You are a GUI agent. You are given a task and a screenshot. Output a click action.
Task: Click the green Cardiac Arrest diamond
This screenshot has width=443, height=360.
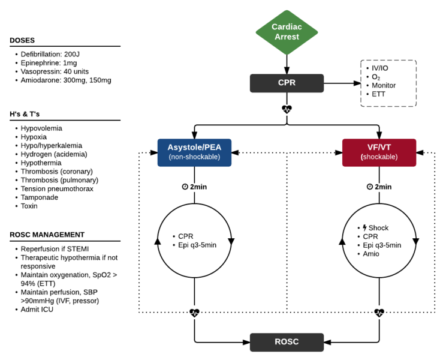(x=286, y=31)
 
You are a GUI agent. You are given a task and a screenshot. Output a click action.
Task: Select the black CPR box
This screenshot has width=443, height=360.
(x=286, y=83)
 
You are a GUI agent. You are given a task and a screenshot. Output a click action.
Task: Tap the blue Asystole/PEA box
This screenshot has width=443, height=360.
(x=194, y=152)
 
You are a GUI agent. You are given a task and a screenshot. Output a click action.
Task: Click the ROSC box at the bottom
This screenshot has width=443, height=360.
(x=286, y=342)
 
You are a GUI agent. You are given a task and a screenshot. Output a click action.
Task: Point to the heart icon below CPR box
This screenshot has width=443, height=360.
(x=287, y=109)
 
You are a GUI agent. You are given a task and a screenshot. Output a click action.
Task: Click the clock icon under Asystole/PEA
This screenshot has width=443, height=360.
(x=185, y=187)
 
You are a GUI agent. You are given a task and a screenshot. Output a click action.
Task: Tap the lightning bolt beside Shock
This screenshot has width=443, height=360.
(x=364, y=227)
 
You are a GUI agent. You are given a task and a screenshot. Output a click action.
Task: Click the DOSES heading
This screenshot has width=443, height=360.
(x=22, y=40)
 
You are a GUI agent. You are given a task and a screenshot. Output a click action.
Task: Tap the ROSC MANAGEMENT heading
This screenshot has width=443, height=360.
(x=47, y=235)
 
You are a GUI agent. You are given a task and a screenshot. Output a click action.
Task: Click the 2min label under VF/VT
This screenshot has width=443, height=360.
(x=383, y=187)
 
